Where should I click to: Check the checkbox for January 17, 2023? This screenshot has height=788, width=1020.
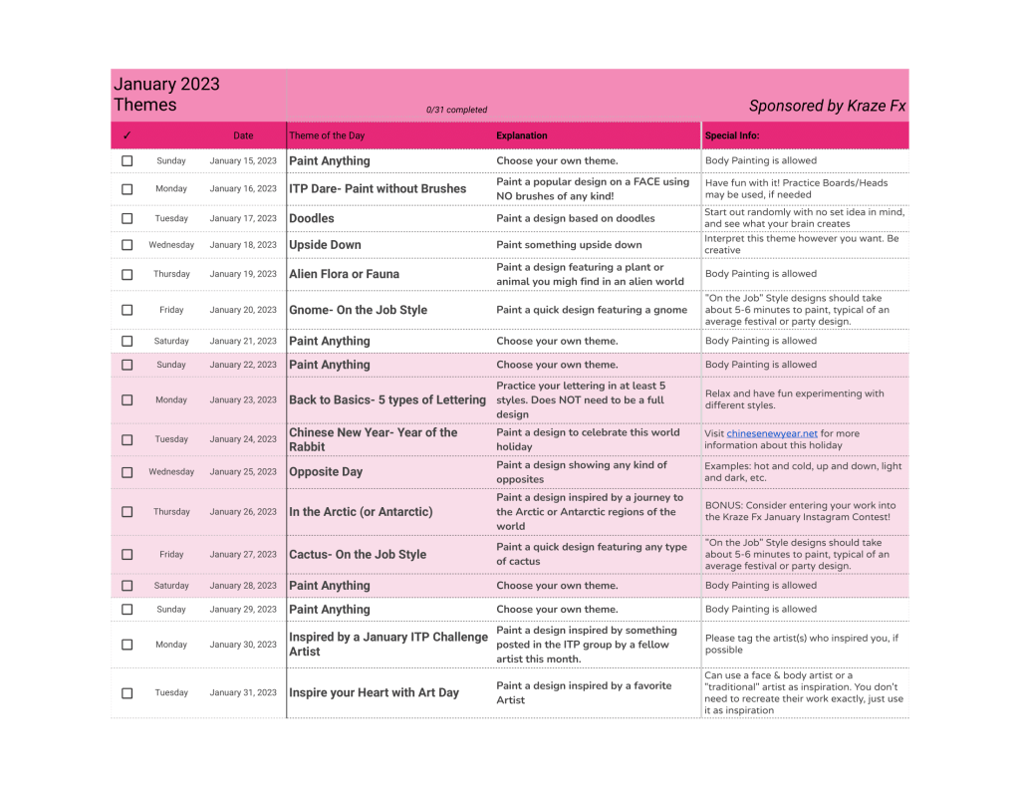pyautogui.click(x=127, y=218)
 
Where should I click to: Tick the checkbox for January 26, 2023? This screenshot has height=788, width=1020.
pyautogui.click(x=127, y=512)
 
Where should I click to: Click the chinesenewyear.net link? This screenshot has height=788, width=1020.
pyautogui.click(x=772, y=433)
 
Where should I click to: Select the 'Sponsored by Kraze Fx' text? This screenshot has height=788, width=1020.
pyautogui.click(x=827, y=106)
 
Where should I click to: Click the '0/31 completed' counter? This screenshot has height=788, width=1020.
pyautogui.click(x=456, y=110)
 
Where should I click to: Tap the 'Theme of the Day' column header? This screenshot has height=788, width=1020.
pyautogui.click(x=327, y=135)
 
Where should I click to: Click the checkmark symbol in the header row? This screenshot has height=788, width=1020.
pyautogui.click(x=127, y=135)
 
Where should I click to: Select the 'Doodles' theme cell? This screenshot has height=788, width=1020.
pyautogui.click(x=312, y=218)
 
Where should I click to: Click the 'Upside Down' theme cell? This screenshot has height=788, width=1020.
pyautogui.click(x=325, y=245)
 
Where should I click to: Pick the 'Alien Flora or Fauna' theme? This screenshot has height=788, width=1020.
pyautogui.click(x=344, y=274)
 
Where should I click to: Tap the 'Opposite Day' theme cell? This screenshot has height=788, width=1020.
pyautogui.click(x=326, y=472)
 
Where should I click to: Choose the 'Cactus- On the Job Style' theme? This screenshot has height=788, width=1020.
pyautogui.click(x=357, y=555)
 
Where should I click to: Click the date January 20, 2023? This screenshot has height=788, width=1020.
pyautogui.click(x=243, y=310)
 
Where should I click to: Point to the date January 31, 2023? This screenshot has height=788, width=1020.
pyautogui.click(x=243, y=692)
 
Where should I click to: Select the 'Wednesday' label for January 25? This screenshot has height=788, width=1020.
pyautogui.click(x=171, y=472)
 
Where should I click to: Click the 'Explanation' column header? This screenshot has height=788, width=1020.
pyautogui.click(x=522, y=135)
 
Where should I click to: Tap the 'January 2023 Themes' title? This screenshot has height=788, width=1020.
pyautogui.click(x=166, y=95)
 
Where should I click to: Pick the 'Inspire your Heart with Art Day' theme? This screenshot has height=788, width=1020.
pyautogui.click(x=374, y=692)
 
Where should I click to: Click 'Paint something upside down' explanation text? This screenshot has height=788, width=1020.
pyautogui.click(x=569, y=245)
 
